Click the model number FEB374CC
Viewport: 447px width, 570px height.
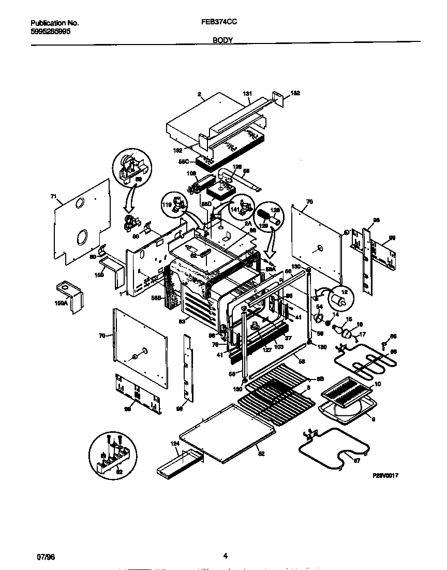(220, 23)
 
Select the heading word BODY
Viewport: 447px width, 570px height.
(222, 39)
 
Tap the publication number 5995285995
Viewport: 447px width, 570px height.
(51, 31)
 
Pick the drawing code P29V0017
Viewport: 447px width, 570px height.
(384, 474)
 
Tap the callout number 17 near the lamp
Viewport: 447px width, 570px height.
(362, 334)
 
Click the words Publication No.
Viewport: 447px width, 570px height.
(54, 23)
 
